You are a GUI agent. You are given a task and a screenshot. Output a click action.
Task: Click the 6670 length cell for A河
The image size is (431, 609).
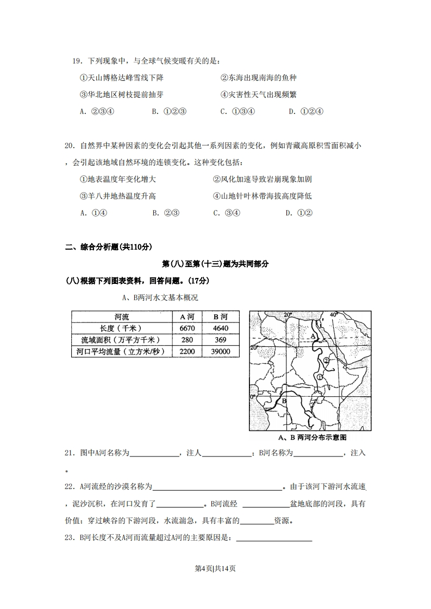click(x=186, y=328)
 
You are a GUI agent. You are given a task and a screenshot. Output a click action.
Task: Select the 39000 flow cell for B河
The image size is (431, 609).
click(x=220, y=352)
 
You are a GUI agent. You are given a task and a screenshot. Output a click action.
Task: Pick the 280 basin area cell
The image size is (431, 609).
click(x=186, y=340)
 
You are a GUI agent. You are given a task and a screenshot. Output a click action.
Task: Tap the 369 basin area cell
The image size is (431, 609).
click(x=220, y=340)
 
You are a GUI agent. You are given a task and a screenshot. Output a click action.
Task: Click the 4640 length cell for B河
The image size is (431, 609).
click(x=220, y=328)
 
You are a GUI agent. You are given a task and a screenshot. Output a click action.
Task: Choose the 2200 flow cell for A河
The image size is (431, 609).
click(x=186, y=352)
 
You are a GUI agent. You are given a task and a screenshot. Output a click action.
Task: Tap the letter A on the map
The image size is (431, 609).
click(x=314, y=337)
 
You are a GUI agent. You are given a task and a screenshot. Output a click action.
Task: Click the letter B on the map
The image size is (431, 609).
click(x=283, y=401)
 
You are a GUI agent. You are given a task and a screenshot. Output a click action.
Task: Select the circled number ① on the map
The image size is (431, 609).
click(x=320, y=377)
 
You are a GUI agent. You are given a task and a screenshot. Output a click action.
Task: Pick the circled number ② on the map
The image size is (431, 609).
click(x=326, y=360)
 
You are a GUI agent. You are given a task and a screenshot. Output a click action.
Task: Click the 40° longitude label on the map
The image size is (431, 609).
click(x=333, y=314)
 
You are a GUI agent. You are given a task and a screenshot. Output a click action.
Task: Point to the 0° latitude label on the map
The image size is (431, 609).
click(x=253, y=397)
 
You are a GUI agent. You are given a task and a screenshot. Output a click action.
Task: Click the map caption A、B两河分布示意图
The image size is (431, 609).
click(x=312, y=437)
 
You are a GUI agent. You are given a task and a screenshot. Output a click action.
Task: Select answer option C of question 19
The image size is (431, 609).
click(x=237, y=111)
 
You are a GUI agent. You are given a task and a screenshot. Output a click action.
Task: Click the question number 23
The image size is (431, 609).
click(x=69, y=538)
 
